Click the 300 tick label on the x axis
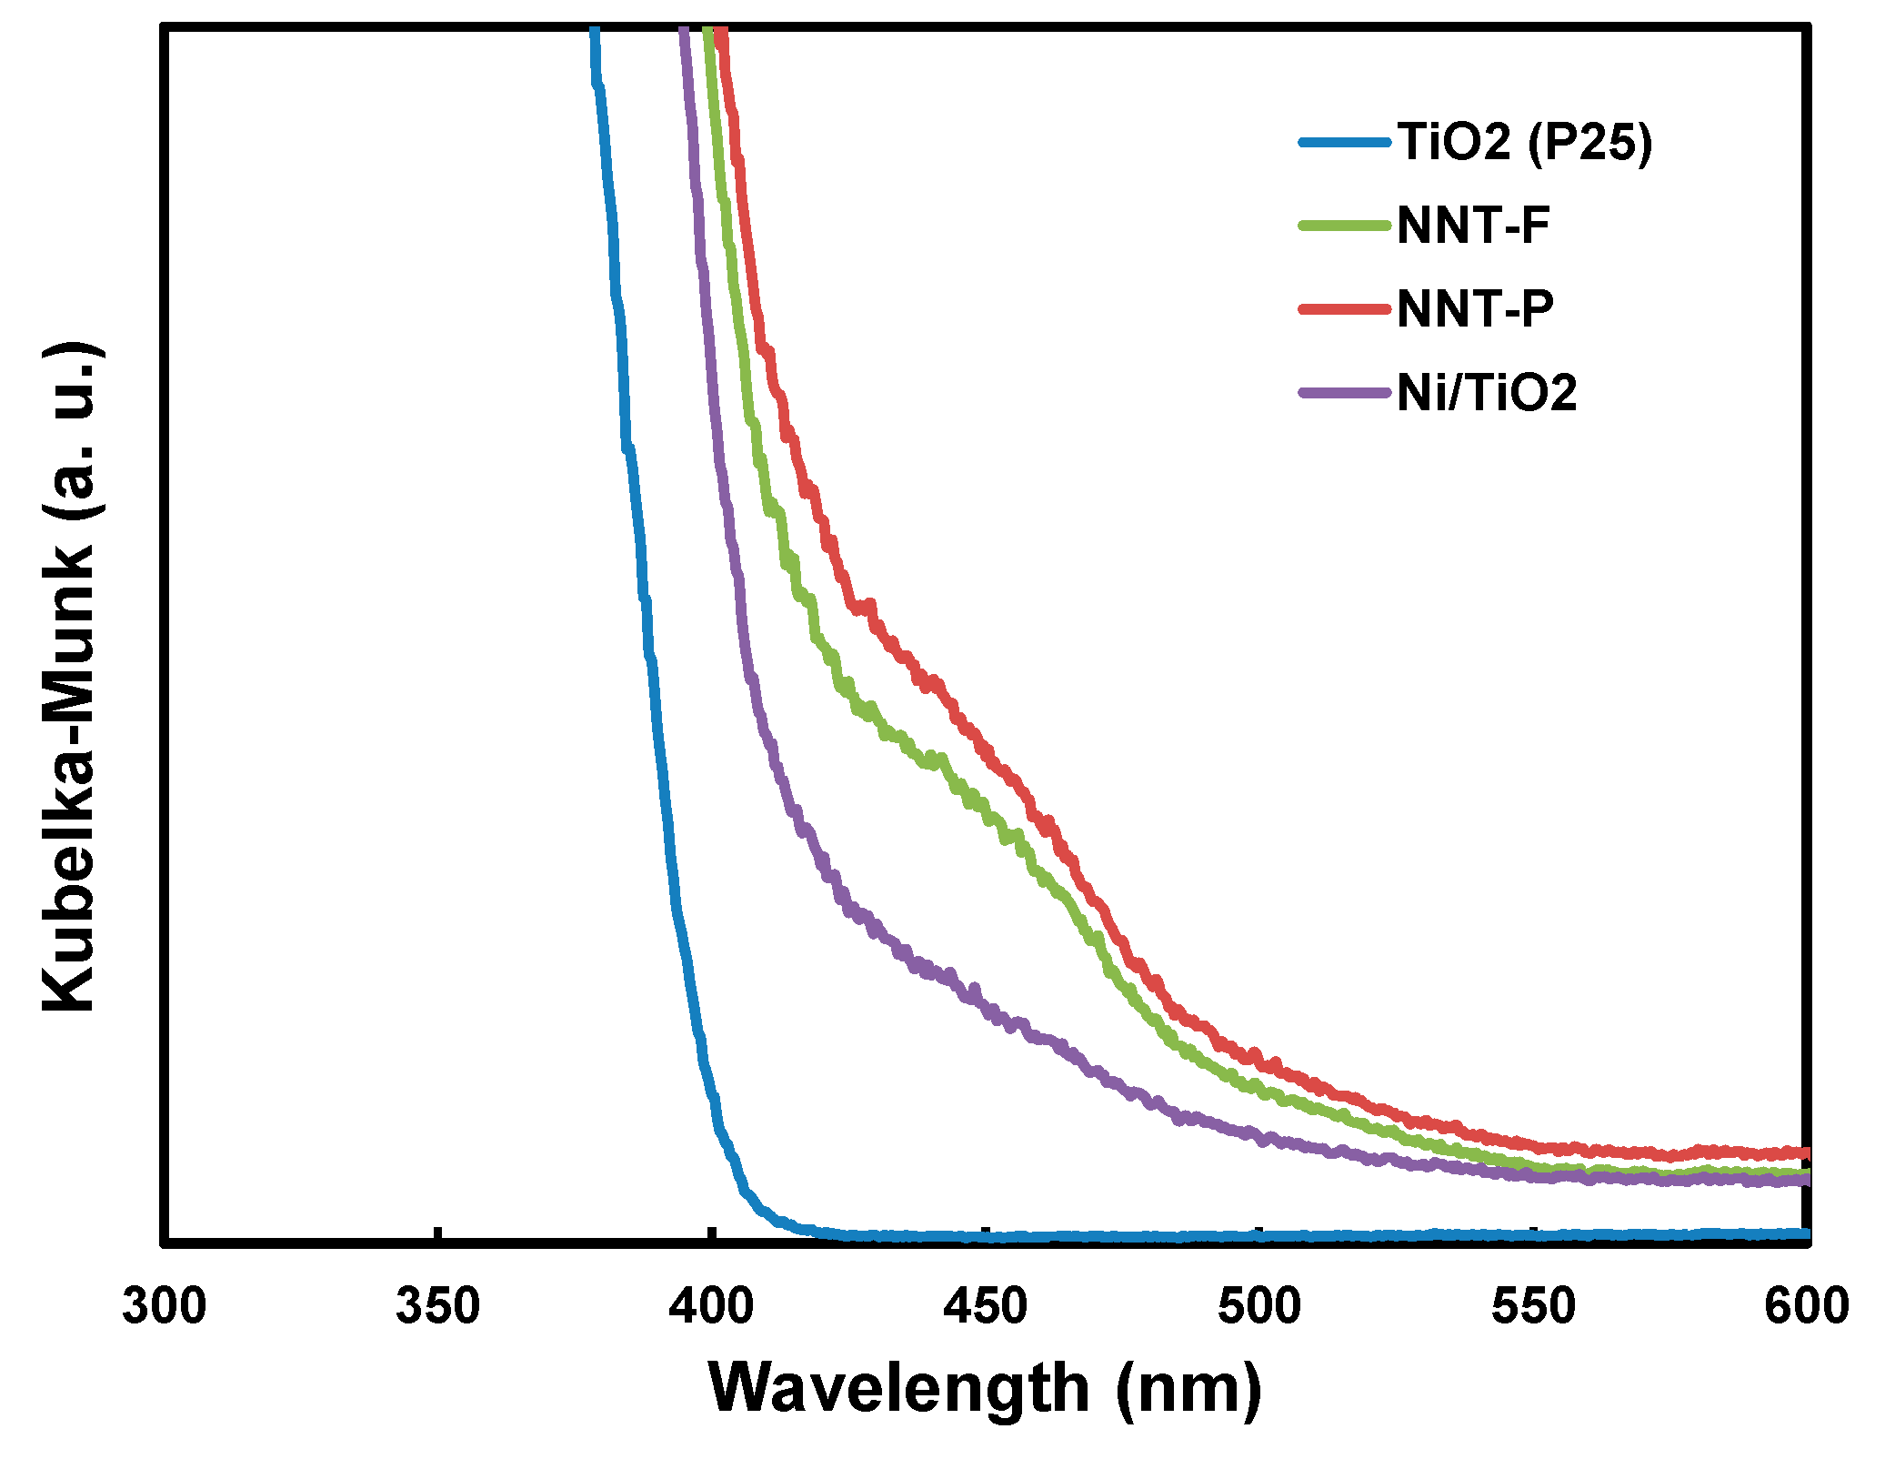[x=165, y=1306]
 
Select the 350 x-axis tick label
[x=438, y=1306]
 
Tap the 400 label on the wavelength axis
[x=712, y=1306]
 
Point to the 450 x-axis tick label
[x=986, y=1306]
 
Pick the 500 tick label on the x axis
[x=1259, y=1306]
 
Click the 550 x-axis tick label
[x=1533, y=1306]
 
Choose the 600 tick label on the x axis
[x=1807, y=1306]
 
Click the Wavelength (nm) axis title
[x=986, y=1389]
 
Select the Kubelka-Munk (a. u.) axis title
[x=69, y=678]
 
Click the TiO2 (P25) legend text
[x=1525, y=142]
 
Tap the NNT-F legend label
[x=1473, y=226]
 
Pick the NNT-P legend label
[x=1475, y=309]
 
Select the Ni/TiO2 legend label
[x=1487, y=393]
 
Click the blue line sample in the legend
[x=1345, y=142]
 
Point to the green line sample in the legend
[x=1345, y=226]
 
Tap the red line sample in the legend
[x=1345, y=309]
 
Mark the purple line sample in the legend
[x=1345, y=393]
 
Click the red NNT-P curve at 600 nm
[x=1805, y=1152]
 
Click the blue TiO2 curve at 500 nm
[x=1259, y=1235]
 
